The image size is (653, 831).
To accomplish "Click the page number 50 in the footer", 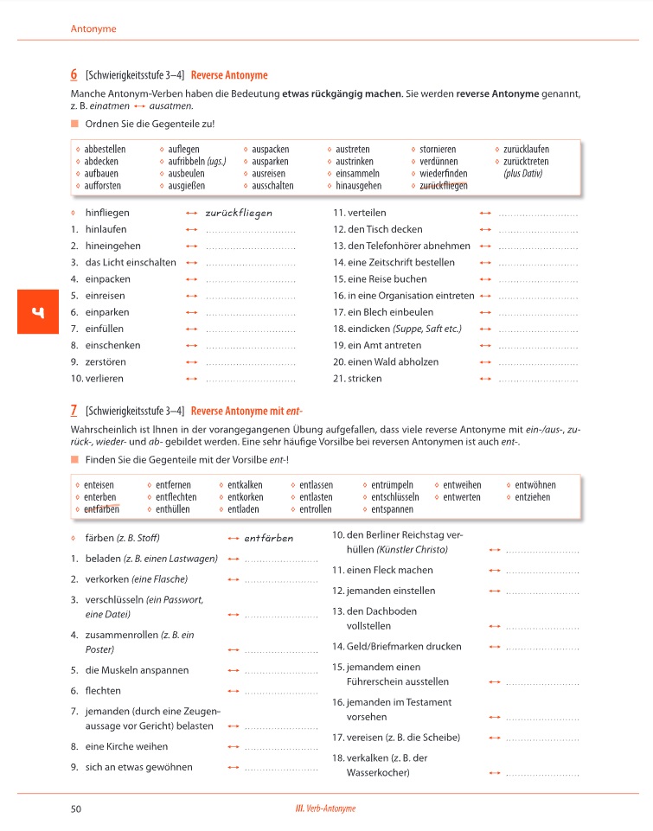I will pyautogui.click(x=75, y=809).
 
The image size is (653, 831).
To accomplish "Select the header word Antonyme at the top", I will pyautogui.click(x=93, y=29).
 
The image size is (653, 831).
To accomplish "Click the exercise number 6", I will pyautogui.click(x=74, y=75).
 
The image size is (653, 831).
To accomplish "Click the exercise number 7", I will pyautogui.click(x=74, y=411).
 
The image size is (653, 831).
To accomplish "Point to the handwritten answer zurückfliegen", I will pyautogui.click(x=239, y=213).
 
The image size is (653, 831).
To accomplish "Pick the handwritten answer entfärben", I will pyautogui.click(x=269, y=538).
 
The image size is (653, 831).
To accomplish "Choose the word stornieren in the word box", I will pyautogui.click(x=438, y=150).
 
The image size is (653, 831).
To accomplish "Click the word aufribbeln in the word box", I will pyautogui.click(x=186, y=162).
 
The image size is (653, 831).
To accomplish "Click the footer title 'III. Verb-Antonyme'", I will pyautogui.click(x=326, y=809).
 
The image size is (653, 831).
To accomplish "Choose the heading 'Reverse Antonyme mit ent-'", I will pyautogui.click(x=246, y=411).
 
